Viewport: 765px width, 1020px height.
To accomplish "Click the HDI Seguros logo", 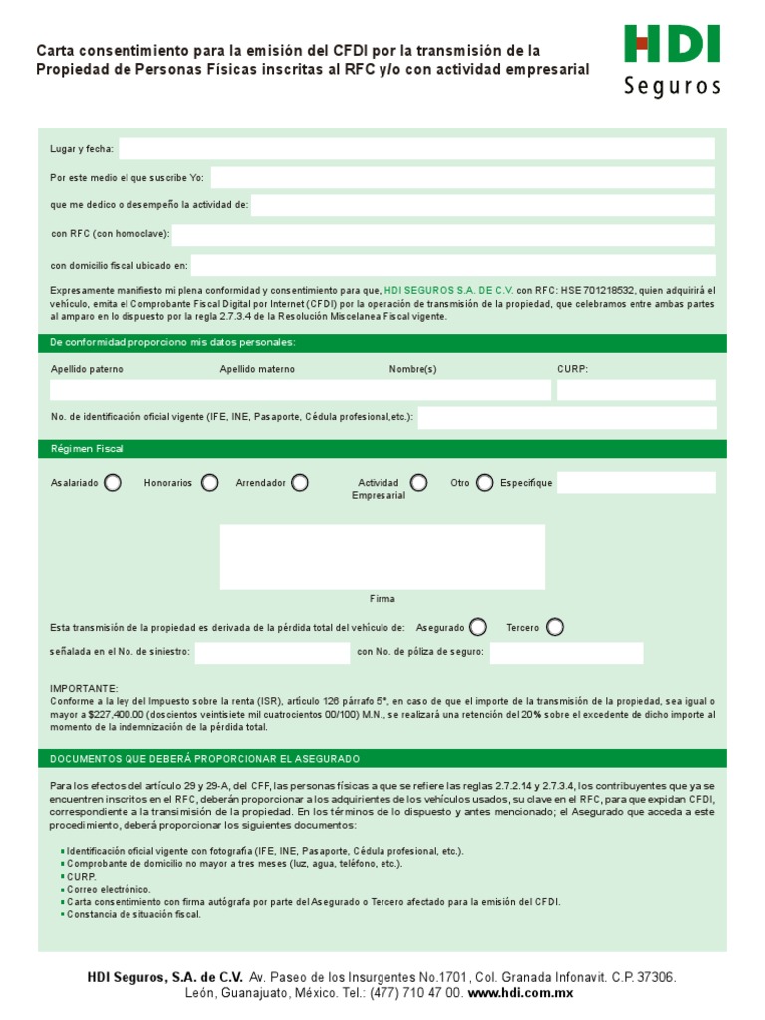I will click(x=671, y=60).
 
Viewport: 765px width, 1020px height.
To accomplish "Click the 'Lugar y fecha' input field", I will click(x=416, y=149).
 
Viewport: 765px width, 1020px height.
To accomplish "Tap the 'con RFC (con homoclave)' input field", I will click(x=443, y=235).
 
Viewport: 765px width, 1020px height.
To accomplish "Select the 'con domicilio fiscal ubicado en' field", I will click(x=452, y=265).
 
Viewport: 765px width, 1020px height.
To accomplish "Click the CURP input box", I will click(x=636, y=390).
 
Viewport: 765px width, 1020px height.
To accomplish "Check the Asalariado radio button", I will click(x=113, y=483).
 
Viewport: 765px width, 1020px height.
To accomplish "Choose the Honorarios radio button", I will click(x=209, y=483).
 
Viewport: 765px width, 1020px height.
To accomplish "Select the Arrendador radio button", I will click(x=299, y=483).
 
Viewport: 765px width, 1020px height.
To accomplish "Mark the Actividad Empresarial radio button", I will click(x=418, y=483).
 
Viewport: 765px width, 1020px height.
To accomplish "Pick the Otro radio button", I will click(x=484, y=483).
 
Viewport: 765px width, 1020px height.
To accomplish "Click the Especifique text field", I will click(x=636, y=483).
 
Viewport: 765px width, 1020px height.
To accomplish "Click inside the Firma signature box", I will click(x=382, y=557).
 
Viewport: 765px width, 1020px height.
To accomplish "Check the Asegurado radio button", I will click(x=478, y=627).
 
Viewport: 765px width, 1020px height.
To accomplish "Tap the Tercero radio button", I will click(x=554, y=627).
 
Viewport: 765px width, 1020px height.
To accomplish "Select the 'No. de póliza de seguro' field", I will click(x=566, y=653).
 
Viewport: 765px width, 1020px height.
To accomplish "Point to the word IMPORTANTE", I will click(x=84, y=689).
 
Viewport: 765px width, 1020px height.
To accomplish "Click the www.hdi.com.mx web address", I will click(x=520, y=994).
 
